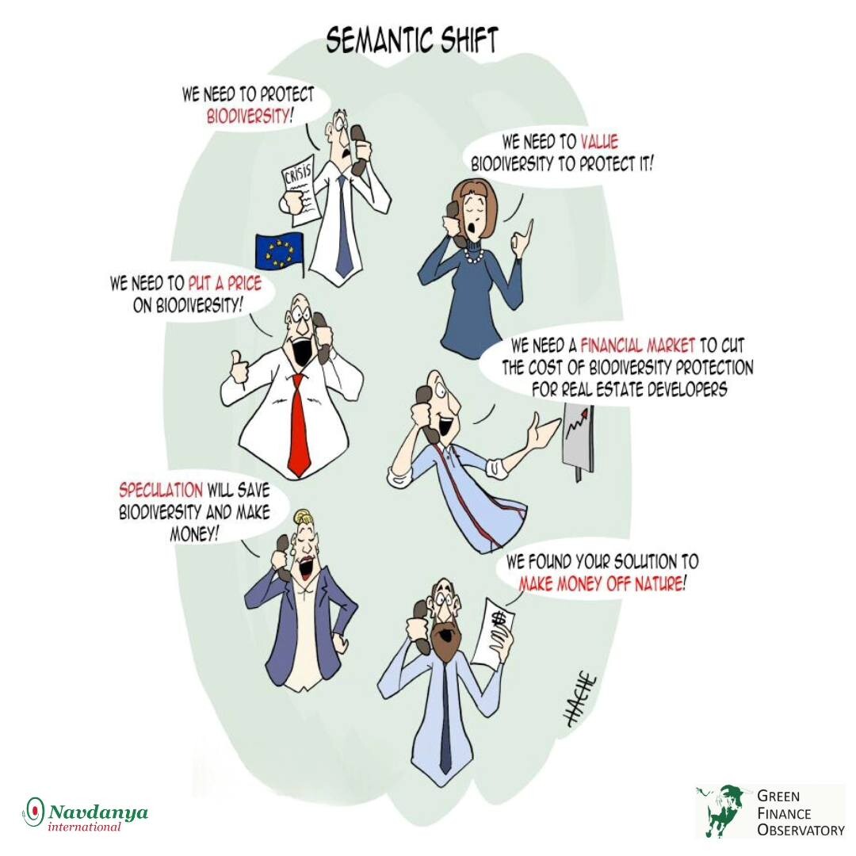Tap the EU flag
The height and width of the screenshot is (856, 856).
pyautogui.click(x=280, y=252)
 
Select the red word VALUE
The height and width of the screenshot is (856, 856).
pyautogui.click(x=599, y=142)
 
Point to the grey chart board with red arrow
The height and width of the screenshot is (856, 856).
pyautogui.click(x=578, y=440)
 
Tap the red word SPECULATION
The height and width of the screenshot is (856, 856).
pyautogui.click(x=161, y=490)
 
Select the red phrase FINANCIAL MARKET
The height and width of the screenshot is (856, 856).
pyautogui.click(x=637, y=345)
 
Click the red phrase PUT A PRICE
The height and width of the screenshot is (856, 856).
pyautogui.click(x=225, y=283)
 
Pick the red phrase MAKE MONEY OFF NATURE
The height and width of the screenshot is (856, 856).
pyautogui.click(x=601, y=583)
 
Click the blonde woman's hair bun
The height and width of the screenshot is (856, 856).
pyautogui.click(x=303, y=515)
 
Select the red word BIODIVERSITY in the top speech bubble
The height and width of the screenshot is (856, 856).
pyautogui.click(x=247, y=117)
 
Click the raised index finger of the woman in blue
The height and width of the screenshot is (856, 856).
pyautogui.click(x=528, y=227)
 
